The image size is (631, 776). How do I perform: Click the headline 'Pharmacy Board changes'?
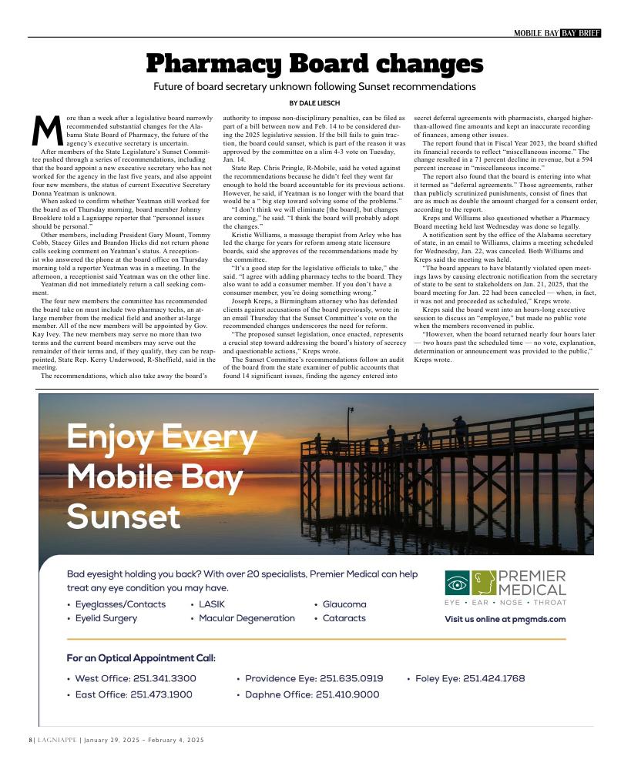click(x=314, y=63)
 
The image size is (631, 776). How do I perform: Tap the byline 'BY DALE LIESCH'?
click(x=314, y=103)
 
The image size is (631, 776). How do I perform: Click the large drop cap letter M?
click(x=46, y=132)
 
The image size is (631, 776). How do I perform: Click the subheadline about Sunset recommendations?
click(x=314, y=86)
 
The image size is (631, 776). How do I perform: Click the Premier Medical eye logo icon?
click(x=457, y=584)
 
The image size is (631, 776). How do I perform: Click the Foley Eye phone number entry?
click(x=469, y=678)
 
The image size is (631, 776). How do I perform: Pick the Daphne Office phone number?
click(x=311, y=694)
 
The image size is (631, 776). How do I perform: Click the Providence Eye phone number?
click(x=314, y=678)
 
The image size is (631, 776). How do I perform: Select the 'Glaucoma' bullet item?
click(x=344, y=604)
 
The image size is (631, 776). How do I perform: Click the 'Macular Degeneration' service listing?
click(x=246, y=618)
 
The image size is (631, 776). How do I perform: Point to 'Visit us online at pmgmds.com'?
click(x=505, y=619)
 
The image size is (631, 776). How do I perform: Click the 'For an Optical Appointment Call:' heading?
click(x=141, y=658)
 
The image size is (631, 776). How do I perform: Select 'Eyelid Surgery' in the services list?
click(x=106, y=618)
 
